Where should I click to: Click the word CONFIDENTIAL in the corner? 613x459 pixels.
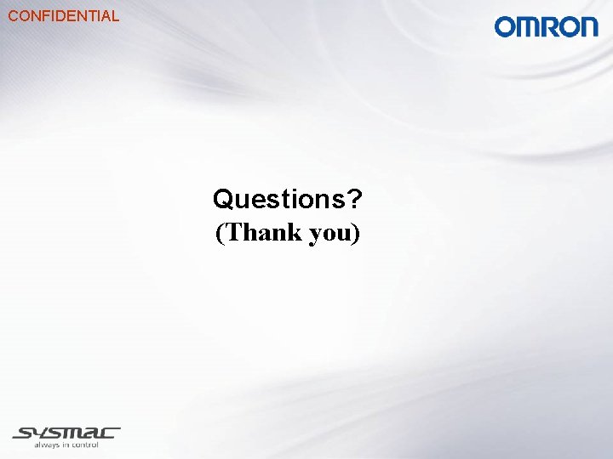pos(63,15)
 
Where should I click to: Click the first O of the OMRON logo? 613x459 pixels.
pos(506,26)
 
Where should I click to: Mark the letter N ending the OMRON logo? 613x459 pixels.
pos(588,26)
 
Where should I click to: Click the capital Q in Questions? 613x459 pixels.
pos(222,200)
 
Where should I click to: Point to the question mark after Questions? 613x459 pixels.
pos(355,199)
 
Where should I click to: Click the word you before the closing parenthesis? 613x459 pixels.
pos(329,234)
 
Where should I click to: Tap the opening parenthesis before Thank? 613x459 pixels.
pos(221,233)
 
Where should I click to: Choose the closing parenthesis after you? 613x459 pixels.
pos(356,233)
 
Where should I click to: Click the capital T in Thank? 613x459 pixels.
pos(234,232)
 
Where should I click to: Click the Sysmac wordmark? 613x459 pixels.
pos(66,432)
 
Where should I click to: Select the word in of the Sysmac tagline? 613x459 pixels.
pos(64,444)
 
